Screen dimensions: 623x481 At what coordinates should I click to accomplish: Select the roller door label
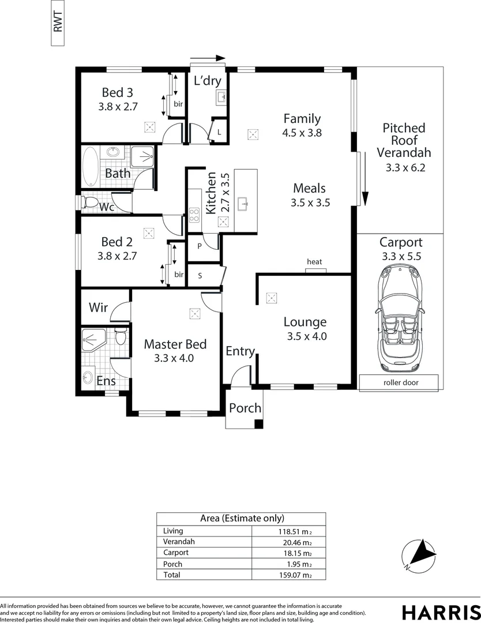point(399,382)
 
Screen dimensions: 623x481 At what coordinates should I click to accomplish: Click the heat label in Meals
point(314,262)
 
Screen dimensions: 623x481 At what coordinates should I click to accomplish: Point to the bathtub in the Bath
point(91,166)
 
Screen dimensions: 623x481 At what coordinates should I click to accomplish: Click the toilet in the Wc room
point(90,202)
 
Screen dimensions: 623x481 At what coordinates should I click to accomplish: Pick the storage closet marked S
point(200,275)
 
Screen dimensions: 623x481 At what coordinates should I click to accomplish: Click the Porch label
point(245,408)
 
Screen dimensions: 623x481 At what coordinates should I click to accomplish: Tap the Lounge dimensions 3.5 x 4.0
point(307,336)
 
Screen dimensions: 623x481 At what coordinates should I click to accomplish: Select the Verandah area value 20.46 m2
point(294,542)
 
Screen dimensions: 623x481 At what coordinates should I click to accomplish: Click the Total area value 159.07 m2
point(294,575)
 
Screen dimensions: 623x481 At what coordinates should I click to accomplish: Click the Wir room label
point(97,307)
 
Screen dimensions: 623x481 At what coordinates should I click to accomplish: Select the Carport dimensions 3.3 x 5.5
point(400,257)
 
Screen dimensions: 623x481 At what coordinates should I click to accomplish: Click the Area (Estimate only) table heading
point(242,518)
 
